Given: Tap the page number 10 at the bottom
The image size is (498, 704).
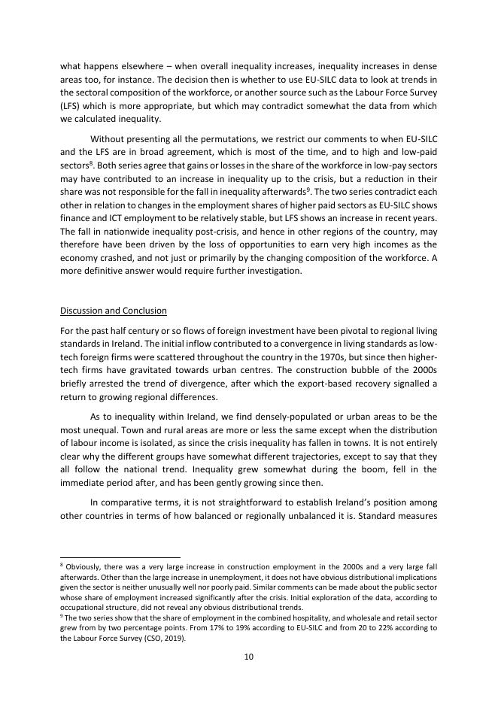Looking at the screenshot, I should tap(248, 657).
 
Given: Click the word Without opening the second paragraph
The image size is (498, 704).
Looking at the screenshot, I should tap(109, 139).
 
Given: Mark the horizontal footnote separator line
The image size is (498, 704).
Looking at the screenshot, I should tap(120, 557).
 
